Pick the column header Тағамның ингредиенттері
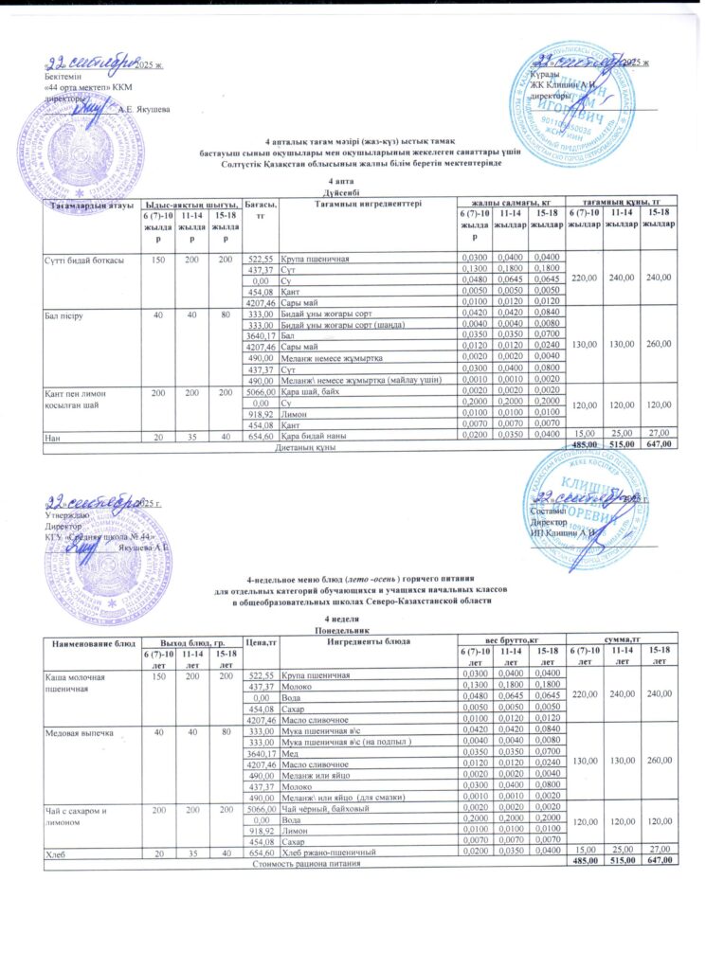click(360, 204)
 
